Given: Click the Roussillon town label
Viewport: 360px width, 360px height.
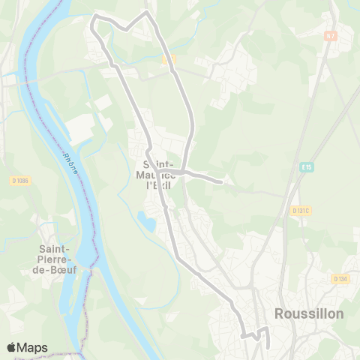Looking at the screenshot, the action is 309,313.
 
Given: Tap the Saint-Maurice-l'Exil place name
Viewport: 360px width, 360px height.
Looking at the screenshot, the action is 163,173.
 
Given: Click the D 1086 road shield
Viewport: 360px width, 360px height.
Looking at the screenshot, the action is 19,180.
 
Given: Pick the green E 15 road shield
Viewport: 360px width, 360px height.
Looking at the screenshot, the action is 307,167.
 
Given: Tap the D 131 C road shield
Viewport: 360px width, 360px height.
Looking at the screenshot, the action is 301,211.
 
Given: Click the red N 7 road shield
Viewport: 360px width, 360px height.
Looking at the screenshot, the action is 331,35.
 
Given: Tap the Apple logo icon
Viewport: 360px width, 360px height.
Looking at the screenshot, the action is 12,347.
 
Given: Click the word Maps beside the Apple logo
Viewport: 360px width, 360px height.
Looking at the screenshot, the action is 33,347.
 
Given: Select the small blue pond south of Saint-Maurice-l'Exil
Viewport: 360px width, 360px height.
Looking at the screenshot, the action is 146,220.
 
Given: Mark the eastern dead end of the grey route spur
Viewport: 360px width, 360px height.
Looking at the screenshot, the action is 222,181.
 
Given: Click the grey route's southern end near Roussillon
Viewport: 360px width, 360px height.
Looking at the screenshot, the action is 268,346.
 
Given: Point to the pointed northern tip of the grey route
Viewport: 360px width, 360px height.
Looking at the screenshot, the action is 147,12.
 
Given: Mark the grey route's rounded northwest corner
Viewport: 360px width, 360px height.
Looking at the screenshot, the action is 93,19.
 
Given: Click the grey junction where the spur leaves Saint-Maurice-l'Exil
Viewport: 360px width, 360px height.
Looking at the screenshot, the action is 181,172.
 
